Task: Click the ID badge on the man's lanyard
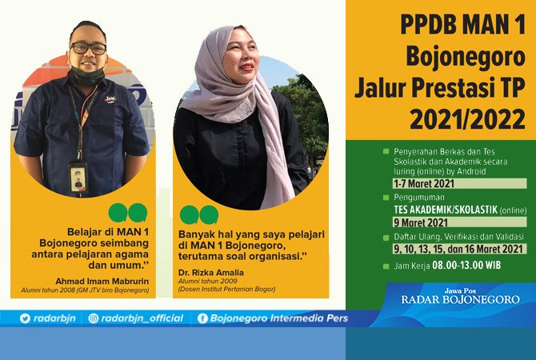coord(78,175)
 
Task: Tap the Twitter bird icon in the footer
coord(25,318)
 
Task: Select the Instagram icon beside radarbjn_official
coord(94,318)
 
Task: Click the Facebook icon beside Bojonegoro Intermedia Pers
coord(202,318)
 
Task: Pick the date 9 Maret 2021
coord(420,222)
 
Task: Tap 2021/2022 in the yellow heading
coord(467,119)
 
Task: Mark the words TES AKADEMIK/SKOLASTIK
coord(443,210)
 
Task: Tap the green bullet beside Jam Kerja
coord(386,263)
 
